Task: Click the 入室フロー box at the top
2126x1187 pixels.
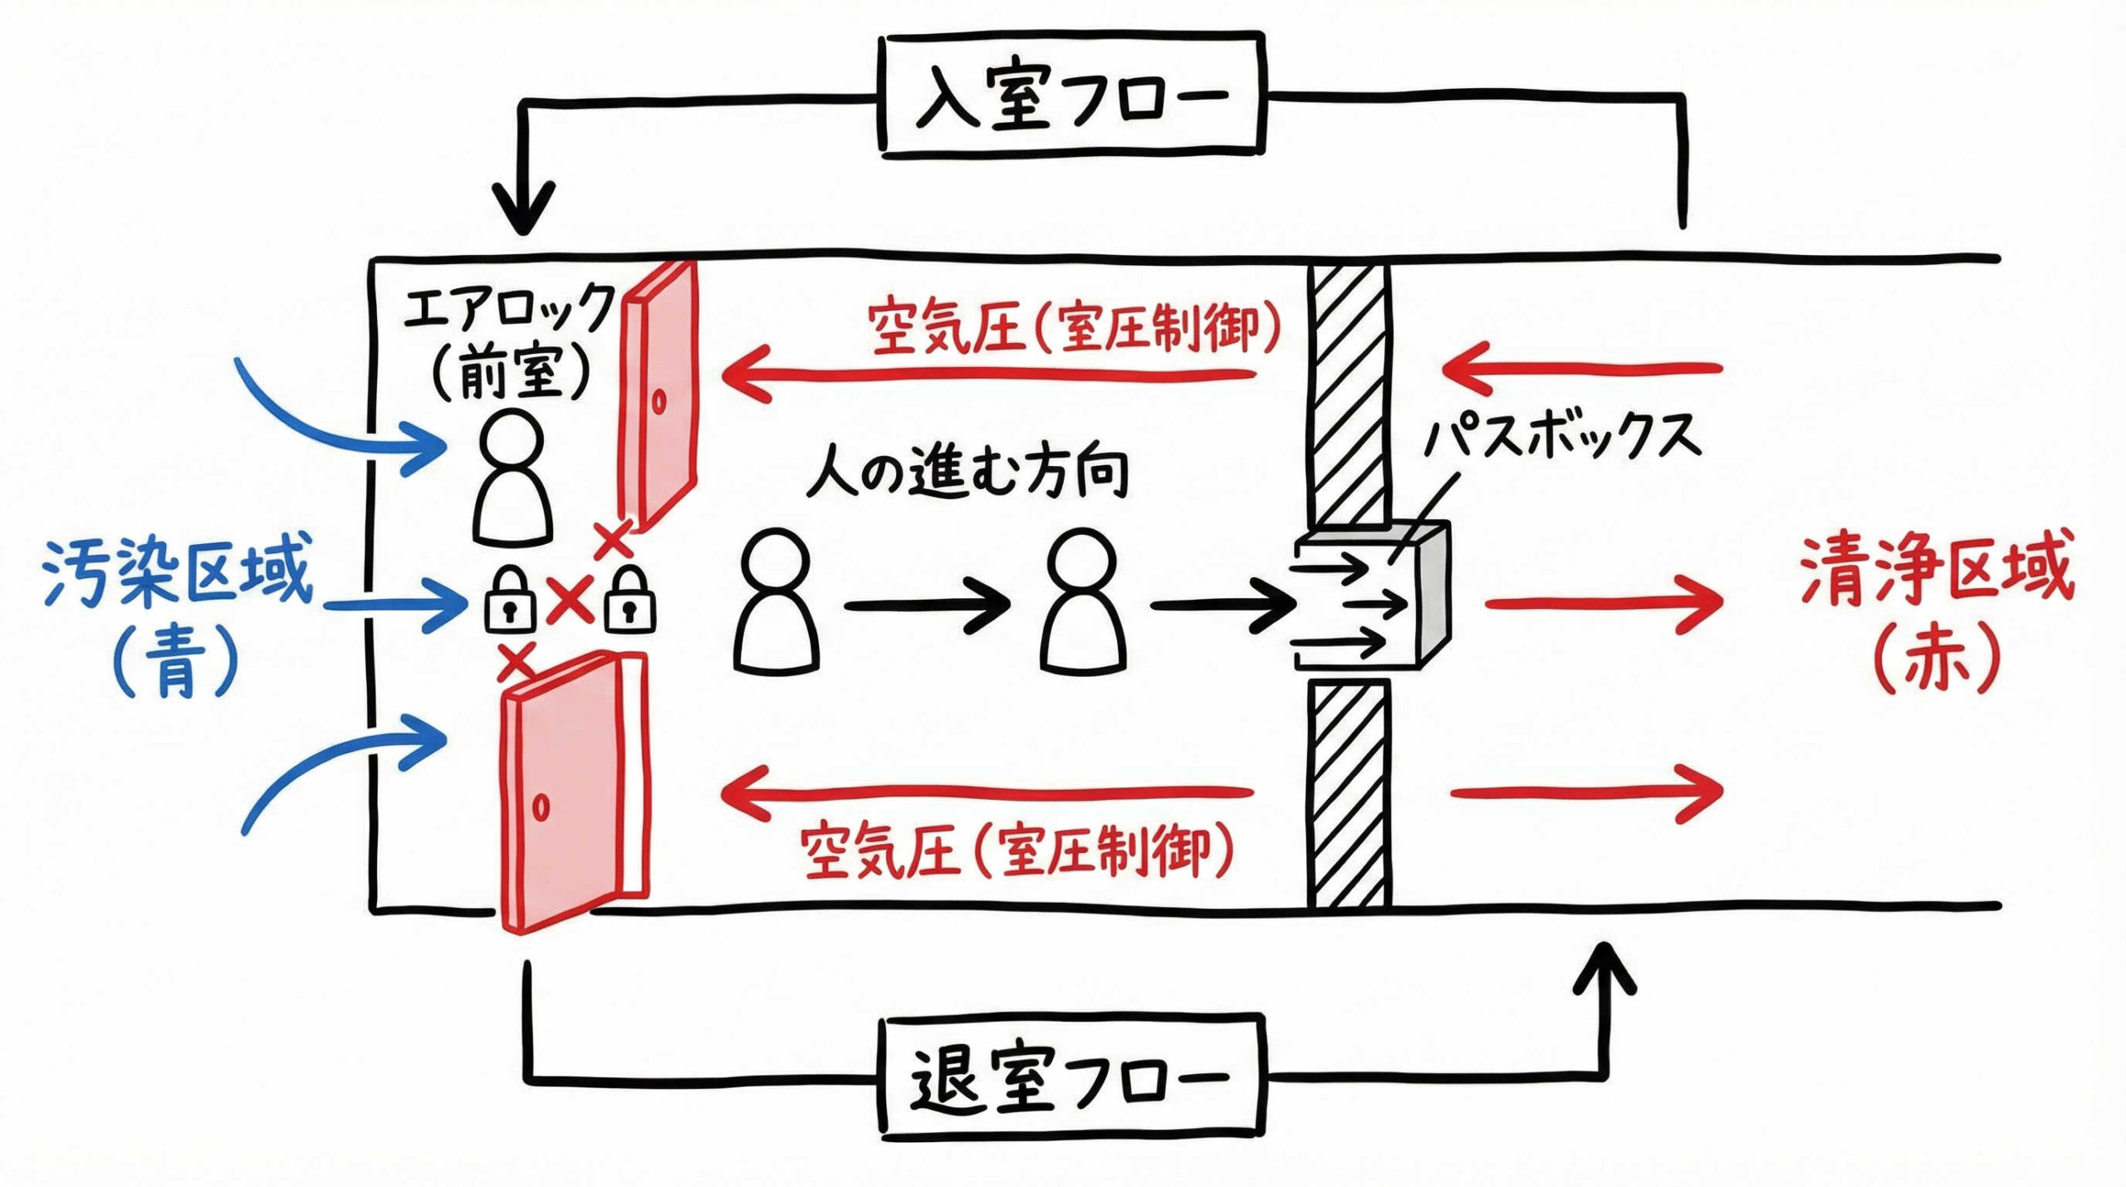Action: tap(1071, 96)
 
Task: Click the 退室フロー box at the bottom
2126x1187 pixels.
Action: tap(1071, 1077)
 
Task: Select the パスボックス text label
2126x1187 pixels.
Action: tap(1561, 435)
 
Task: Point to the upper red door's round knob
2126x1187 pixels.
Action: tap(659, 402)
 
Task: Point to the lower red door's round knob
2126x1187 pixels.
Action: tap(541, 807)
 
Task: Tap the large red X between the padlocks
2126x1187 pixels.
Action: tap(570, 601)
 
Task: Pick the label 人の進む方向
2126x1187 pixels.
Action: tap(967, 472)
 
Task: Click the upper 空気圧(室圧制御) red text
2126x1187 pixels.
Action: tap(1071, 328)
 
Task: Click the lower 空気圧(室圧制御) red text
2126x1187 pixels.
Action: tap(1017, 851)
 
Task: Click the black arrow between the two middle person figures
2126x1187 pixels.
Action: tap(926, 605)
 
